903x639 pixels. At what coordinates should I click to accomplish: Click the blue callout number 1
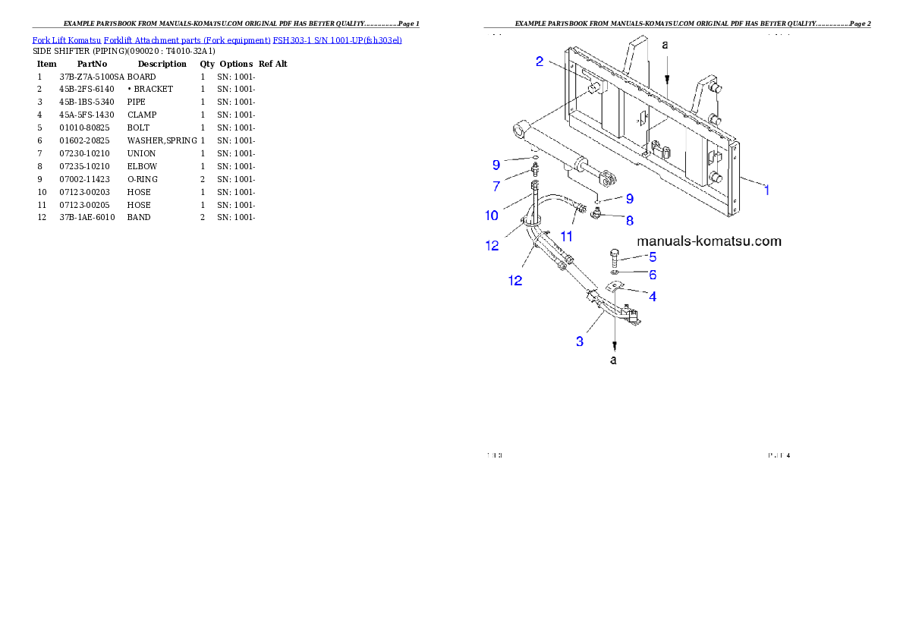click(x=766, y=190)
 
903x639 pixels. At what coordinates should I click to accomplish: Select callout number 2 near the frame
click(x=540, y=61)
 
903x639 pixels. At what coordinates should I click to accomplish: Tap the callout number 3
click(x=580, y=342)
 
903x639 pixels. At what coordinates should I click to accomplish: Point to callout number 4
click(x=653, y=296)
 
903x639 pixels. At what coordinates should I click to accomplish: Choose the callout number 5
click(x=653, y=257)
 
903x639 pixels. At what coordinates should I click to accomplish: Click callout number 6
click(x=653, y=275)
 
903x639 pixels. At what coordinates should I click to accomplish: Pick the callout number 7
click(x=496, y=186)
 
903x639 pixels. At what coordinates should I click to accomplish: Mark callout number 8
click(x=629, y=220)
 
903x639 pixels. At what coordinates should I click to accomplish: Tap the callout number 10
click(x=492, y=216)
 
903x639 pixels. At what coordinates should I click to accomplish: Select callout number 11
click(x=566, y=237)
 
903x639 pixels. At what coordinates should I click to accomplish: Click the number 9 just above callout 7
click(x=496, y=164)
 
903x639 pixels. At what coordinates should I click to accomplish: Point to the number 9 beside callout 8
click(x=629, y=199)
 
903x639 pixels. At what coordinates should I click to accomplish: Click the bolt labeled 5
click(x=614, y=257)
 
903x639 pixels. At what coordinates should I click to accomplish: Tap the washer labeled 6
click(x=615, y=272)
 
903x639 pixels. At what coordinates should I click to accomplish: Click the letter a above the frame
click(x=665, y=46)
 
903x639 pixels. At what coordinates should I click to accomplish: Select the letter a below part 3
click(x=614, y=360)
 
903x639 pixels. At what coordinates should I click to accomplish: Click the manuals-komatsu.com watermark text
click(x=709, y=241)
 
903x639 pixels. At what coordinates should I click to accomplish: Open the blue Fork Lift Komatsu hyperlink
click(x=216, y=39)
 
